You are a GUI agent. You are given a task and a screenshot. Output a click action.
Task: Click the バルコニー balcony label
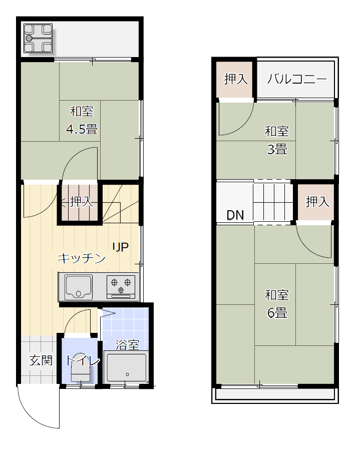(296, 79)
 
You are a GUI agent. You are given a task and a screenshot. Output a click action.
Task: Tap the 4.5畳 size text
(82, 129)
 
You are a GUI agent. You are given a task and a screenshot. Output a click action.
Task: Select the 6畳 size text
(277, 313)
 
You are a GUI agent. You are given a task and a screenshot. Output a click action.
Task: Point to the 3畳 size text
(277, 149)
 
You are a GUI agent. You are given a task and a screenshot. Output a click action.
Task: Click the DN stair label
(235, 215)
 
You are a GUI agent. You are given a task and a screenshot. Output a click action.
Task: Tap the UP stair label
(121, 247)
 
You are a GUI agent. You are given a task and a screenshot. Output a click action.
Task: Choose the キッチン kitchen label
(82, 258)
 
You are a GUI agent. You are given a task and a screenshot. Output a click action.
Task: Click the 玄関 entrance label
(41, 360)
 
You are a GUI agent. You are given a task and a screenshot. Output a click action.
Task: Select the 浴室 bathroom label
(128, 345)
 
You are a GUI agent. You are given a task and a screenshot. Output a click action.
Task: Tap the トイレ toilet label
(83, 360)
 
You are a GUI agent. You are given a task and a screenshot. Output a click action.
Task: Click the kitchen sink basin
(79, 287)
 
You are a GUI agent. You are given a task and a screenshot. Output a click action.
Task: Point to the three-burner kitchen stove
(121, 287)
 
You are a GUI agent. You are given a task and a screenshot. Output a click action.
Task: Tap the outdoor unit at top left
(38, 39)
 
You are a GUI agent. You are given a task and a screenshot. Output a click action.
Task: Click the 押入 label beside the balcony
(236, 79)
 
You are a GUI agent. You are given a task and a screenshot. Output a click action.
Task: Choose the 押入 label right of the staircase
(317, 202)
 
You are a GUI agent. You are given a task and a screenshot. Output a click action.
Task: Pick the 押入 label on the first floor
(82, 202)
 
